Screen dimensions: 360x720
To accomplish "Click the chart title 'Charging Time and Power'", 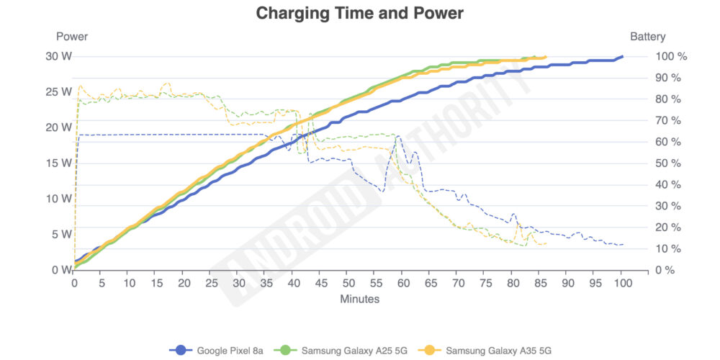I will point(360,13).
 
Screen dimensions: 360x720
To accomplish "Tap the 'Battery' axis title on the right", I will point(647,37).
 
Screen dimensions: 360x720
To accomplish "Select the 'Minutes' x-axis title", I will point(359,298).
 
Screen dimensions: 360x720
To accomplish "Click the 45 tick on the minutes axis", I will point(320,283).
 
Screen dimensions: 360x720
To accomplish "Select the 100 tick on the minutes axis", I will point(622,283).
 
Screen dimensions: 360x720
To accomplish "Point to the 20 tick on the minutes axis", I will point(184,283).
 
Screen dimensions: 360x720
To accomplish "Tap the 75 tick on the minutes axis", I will point(485,283).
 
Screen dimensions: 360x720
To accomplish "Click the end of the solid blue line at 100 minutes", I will point(622,56).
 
